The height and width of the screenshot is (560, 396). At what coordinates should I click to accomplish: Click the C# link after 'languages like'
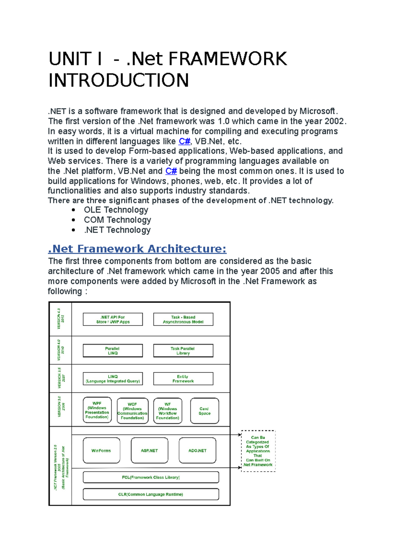(x=184, y=141)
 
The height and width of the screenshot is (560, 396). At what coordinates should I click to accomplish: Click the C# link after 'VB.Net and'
(x=171, y=171)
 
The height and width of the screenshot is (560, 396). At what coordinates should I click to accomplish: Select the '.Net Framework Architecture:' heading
(x=137, y=249)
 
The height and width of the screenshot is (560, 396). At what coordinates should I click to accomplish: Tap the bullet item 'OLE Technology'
(x=116, y=210)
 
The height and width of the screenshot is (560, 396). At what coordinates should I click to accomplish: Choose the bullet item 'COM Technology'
(x=117, y=220)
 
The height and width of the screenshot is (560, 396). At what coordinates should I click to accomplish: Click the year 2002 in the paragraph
(x=334, y=121)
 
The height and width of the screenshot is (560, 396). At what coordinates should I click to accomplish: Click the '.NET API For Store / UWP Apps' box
(x=113, y=319)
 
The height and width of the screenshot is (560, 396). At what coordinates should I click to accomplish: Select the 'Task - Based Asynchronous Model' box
(x=183, y=319)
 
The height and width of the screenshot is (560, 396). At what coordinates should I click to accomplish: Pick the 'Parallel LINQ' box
(x=113, y=351)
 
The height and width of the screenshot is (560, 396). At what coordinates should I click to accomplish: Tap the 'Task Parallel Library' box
(x=183, y=351)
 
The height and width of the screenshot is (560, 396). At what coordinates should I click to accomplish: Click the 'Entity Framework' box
(x=183, y=379)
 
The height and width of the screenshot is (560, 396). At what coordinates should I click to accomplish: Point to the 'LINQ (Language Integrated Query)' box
(x=113, y=379)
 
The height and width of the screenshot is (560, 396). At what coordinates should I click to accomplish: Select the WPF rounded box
(x=97, y=410)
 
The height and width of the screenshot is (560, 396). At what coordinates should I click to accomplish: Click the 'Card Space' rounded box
(x=205, y=411)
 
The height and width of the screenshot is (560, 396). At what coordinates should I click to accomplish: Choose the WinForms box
(x=101, y=451)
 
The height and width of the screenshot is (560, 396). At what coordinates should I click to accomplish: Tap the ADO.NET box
(x=197, y=451)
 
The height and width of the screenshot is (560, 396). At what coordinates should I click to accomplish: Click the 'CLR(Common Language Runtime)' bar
(x=151, y=494)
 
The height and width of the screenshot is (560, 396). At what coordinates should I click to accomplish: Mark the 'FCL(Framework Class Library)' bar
(x=151, y=477)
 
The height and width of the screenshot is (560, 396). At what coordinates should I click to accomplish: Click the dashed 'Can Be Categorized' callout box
(x=258, y=451)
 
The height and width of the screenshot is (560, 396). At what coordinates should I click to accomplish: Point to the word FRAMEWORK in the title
(x=228, y=59)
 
